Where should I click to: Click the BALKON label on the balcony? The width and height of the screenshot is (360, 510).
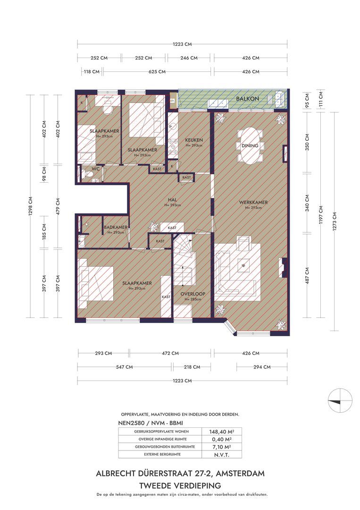click(248, 99)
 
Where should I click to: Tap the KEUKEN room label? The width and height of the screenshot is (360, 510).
click(194, 140)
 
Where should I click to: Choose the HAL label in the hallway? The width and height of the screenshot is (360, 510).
click(172, 200)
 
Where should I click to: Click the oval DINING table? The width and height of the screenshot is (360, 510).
click(250, 145)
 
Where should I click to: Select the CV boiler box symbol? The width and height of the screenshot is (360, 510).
click(172, 101)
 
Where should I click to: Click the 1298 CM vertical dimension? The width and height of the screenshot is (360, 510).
click(30, 206)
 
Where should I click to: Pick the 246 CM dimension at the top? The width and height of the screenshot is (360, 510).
click(189, 58)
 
